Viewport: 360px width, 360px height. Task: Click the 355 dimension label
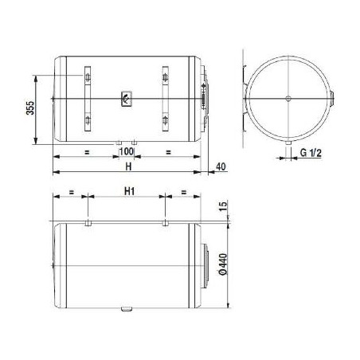click(x=30, y=108)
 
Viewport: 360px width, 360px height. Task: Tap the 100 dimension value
click(x=127, y=151)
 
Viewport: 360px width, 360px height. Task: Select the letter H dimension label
click(x=128, y=166)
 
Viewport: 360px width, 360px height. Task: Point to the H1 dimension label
click(x=129, y=191)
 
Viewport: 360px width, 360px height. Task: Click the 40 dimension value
click(x=221, y=166)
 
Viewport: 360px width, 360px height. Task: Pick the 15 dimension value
click(x=224, y=206)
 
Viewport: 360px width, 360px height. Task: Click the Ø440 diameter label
click(x=224, y=264)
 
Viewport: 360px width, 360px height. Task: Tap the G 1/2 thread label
click(x=311, y=153)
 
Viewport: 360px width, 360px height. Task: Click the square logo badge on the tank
click(x=127, y=99)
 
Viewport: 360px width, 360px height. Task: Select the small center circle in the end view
click(x=288, y=99)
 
